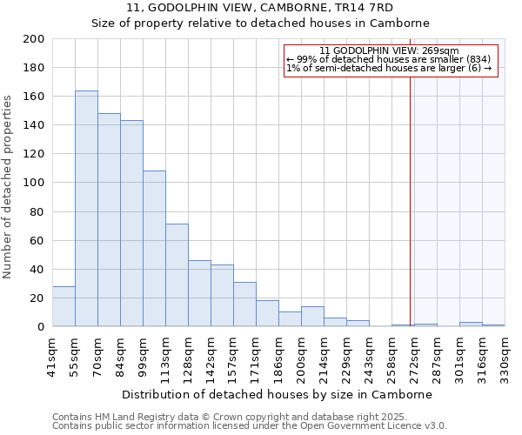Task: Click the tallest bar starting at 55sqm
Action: (x=86, y=209)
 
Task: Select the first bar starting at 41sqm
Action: (x=64, y=306)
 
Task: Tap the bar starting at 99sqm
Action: (x=154, y=249)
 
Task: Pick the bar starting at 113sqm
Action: (x=177, y=275)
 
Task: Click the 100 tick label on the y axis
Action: (x=34, y=183)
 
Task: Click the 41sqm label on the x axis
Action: (x=52, y=356)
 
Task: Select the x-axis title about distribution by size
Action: (x=278, y=394)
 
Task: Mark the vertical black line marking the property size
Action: (x=410, y=200)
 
